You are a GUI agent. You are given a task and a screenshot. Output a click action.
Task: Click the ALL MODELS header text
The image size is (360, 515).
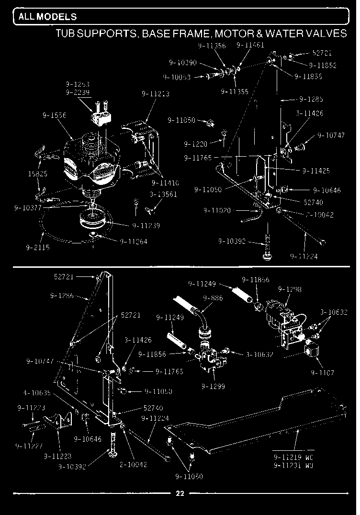(41, 17)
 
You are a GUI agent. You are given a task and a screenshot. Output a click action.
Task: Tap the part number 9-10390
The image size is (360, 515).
(182, 62)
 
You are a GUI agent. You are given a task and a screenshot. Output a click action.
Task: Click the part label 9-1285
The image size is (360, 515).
(311, 100)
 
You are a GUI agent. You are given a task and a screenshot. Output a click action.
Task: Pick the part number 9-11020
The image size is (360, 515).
(217, 210)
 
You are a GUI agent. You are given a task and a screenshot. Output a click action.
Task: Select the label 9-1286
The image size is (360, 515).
(63, 295)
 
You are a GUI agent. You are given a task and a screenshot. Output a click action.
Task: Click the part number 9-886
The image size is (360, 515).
(213, 298)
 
